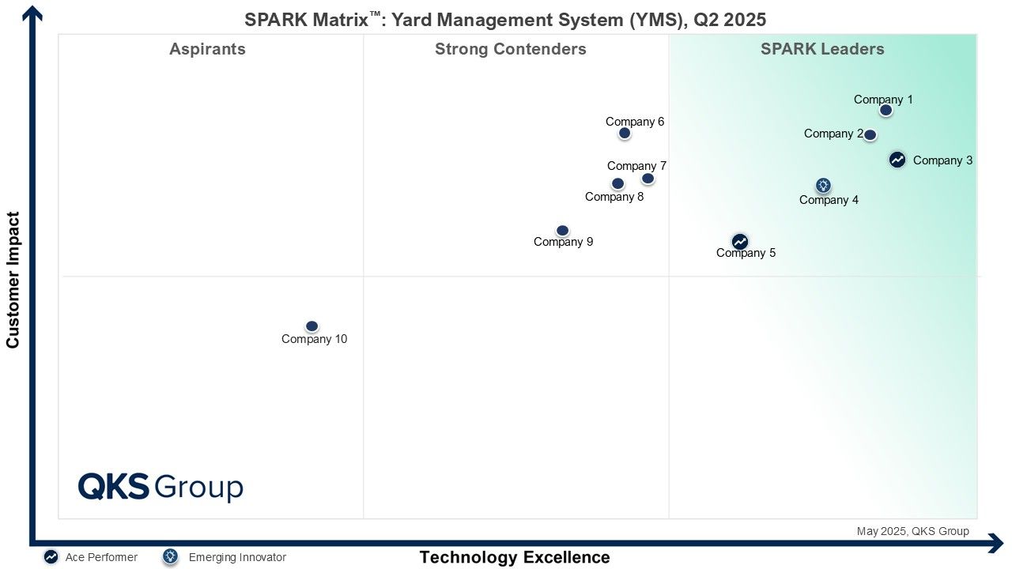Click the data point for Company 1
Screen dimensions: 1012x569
(885, 110)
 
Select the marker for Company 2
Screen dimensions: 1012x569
(870, 134)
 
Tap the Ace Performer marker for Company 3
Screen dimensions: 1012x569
(897, 160)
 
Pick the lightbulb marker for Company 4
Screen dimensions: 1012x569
(823, 185)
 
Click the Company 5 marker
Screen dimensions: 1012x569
(739, 242)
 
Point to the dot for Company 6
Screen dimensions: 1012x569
(625, 134)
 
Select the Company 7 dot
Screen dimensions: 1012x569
(648, 179)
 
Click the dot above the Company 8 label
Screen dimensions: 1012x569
(617, 184)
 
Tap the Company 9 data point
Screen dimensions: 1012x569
(562, 231)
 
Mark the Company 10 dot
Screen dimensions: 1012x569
(312, 326)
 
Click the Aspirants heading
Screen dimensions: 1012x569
(207, 49)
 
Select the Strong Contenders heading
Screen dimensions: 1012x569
(511, 49)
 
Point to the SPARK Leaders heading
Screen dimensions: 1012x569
(822, 49)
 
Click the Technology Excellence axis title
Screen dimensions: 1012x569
(515, 557)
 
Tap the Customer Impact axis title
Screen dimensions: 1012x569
(13, 280)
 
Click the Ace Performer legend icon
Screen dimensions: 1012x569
(51, 557)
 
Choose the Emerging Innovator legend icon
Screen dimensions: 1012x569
(170, 557)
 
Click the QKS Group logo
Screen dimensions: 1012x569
(160, 487)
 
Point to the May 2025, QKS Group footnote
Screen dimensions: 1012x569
(912, 531)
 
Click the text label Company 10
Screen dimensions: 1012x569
(315, 339)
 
